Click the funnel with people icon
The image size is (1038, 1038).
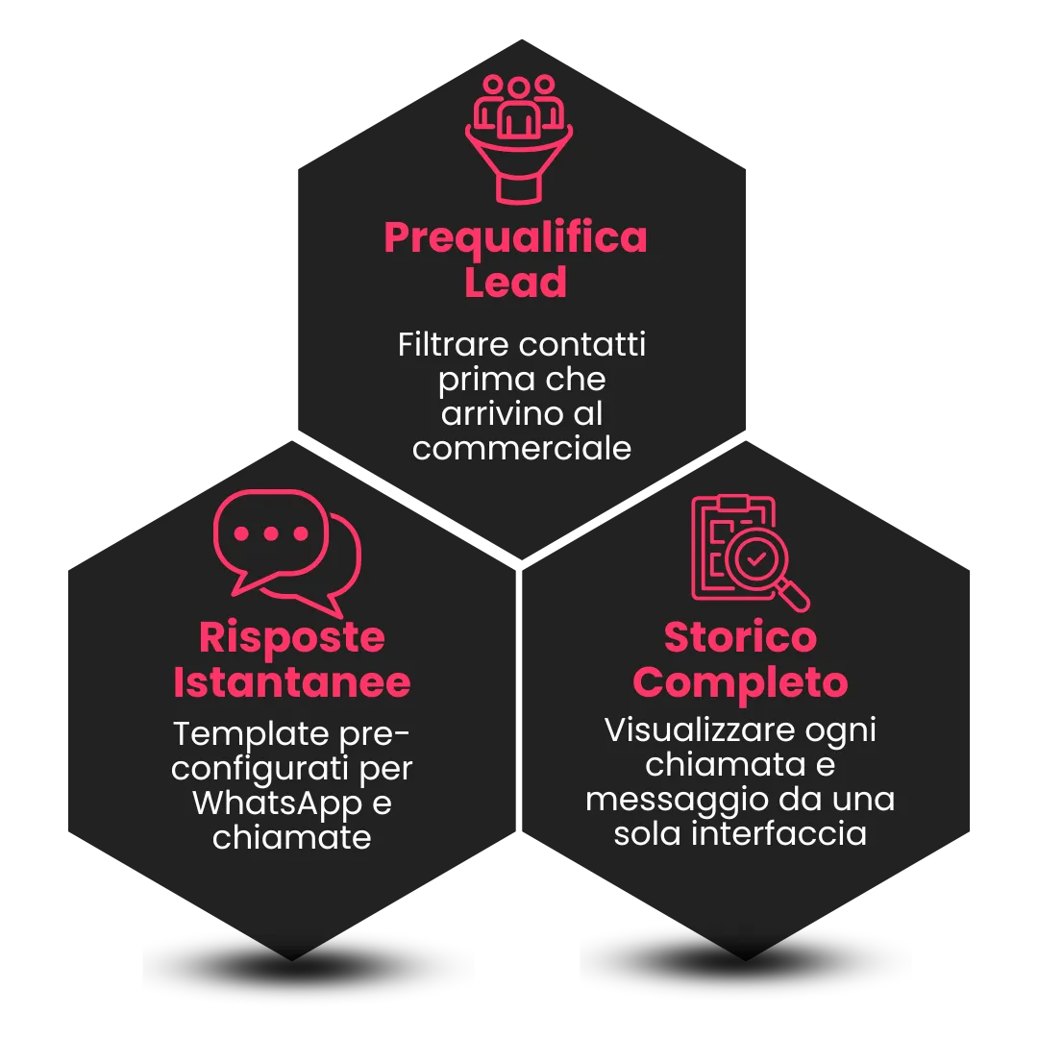pyautogui.click(x=519, y=137)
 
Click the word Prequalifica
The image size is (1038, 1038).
pyautogui.click(x=516, y=237)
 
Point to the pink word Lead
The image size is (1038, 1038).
pyautogui.click(x=516, y=283)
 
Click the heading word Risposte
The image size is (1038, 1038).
pyautogui.click(x=292, y=637)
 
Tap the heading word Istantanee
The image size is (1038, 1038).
pyautogui.click(x=292, y=682)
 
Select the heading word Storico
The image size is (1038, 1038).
pyautogui.click(x=740, y=637)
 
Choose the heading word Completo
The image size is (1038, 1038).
pyautogui.click(x=740, y=682)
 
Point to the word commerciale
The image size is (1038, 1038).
pyautogui.click(x=522, y=448)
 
